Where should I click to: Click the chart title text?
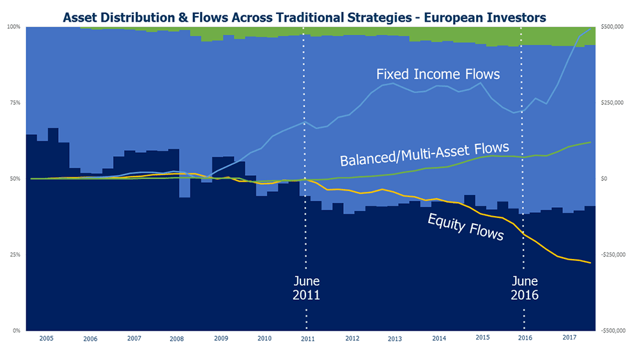pyautogui.click(x=304, y=17)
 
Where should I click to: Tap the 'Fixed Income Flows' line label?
pyautogui.click(x=438, y=75)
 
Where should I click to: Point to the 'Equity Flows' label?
pyautogui.click(x=465, y=228)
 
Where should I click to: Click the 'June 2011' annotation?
pyautogui.click(x=307, y=288)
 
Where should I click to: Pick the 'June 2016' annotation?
pyautogui.click(x=525, y=288)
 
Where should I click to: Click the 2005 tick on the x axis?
pyautogui.click(x=46, y=338)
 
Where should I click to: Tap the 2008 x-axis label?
pyautogui.click(x=177, y=338)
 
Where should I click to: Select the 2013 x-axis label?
pyautogui.click(x=395, y=338)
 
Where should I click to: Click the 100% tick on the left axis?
pyautogui.click(x=13, y=27)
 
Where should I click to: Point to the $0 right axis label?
pyautogui.click(x=605, y=178)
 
